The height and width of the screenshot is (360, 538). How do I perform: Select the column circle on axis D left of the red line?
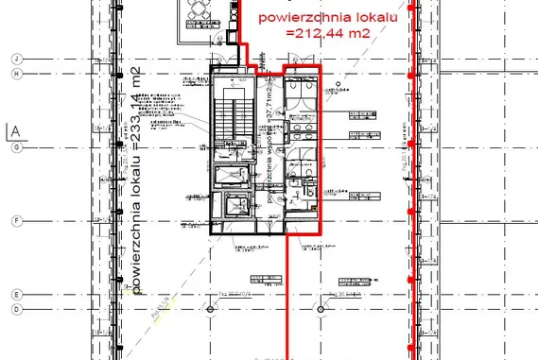(x=209, y=309)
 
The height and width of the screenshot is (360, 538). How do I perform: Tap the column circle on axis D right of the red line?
(x=322, y=309)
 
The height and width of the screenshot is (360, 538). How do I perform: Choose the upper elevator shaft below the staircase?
(x=230, y=177)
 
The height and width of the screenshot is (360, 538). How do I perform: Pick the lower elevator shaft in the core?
(x=230, y=209)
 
